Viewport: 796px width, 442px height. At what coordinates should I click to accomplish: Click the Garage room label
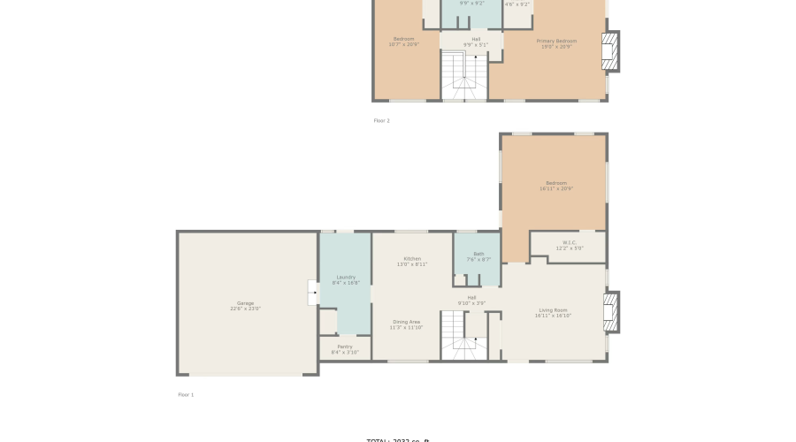[245, 306]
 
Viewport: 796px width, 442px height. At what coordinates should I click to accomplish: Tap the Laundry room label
[345, 279]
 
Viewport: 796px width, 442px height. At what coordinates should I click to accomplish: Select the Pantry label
[345, 349]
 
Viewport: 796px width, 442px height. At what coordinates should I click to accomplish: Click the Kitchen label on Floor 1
[412, 261]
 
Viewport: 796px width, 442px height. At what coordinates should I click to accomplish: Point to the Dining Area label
[407, 324]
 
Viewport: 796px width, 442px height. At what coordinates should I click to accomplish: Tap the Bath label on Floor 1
[478, 256]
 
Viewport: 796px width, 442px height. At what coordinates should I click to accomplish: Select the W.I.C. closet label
[569, 245]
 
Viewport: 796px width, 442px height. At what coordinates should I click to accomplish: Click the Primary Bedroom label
[556, 43]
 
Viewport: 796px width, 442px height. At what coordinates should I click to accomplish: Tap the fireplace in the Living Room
[610, 312]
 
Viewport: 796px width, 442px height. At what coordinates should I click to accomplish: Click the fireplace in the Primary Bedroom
[610, 50]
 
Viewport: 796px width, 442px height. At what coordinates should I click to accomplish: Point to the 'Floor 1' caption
[186, 394]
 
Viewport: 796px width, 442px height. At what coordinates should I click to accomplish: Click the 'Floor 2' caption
[381, 120]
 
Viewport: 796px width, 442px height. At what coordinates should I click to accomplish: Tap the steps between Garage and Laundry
[313, 293]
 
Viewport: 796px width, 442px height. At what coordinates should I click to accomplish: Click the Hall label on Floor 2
[476, 42]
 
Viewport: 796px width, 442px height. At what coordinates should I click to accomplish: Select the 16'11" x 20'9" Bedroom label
[555, 186]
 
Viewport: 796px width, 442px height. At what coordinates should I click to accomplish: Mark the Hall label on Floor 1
[471, 300]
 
